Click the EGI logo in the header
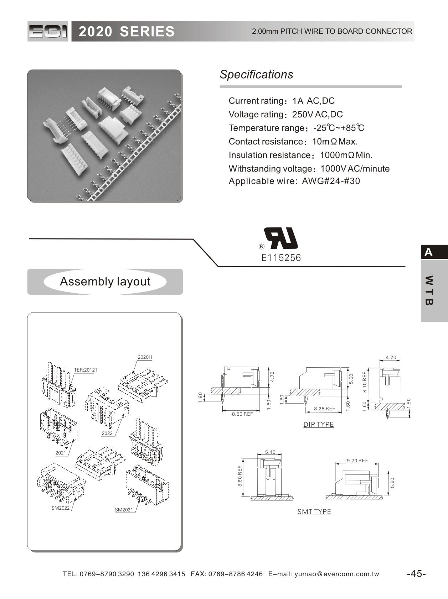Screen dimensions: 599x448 click(x=48, y=32)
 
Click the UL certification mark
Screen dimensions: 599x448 click(x=281, y=238)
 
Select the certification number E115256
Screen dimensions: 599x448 click(x=281, y=258)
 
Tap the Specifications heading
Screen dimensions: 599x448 click(x=256, y=74)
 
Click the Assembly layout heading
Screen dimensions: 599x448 click(x=105, y=282)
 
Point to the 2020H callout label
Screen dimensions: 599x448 click(x=145, y=357)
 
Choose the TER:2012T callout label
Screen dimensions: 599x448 click(x=86, y=370)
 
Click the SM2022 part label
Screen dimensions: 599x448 click(x=61, y=508)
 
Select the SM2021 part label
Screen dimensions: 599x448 click(x=124, y=510)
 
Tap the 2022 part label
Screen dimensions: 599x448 click(x=107, y=433)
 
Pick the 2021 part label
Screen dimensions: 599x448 click(x=61, y=453)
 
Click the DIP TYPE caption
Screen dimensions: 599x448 click(x=319, y=424)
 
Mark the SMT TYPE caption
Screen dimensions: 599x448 click(x=314, y=511)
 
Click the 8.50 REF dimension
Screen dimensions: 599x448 click(x=242, y=414)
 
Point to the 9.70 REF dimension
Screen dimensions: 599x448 click(x=357, y=461)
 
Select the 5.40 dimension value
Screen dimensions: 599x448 click(x=270, y=452)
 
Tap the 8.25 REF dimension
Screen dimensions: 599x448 click(x=324, y=409)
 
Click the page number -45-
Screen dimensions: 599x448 click(x=416, y=574)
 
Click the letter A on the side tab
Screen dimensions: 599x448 click(x=428, y=252)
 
